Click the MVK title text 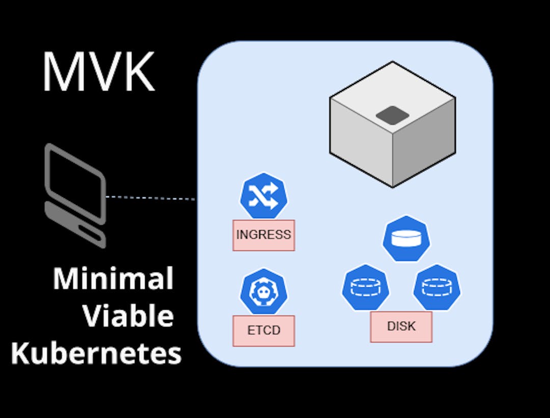point(98,72)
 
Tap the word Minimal point(113,279)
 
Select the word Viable point(128,316)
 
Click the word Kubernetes point(96,353)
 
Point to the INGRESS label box point(263,235)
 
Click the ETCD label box point(263,331)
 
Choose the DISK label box point(401,326)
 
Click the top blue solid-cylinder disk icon point(406,239)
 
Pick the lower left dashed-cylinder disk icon point(366,287)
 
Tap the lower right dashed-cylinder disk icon point(437,287)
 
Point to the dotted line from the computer point(151,197)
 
